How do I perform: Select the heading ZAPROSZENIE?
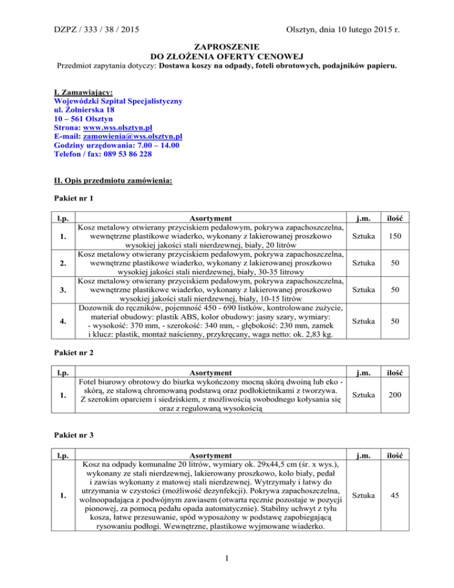tap(226, 45)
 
